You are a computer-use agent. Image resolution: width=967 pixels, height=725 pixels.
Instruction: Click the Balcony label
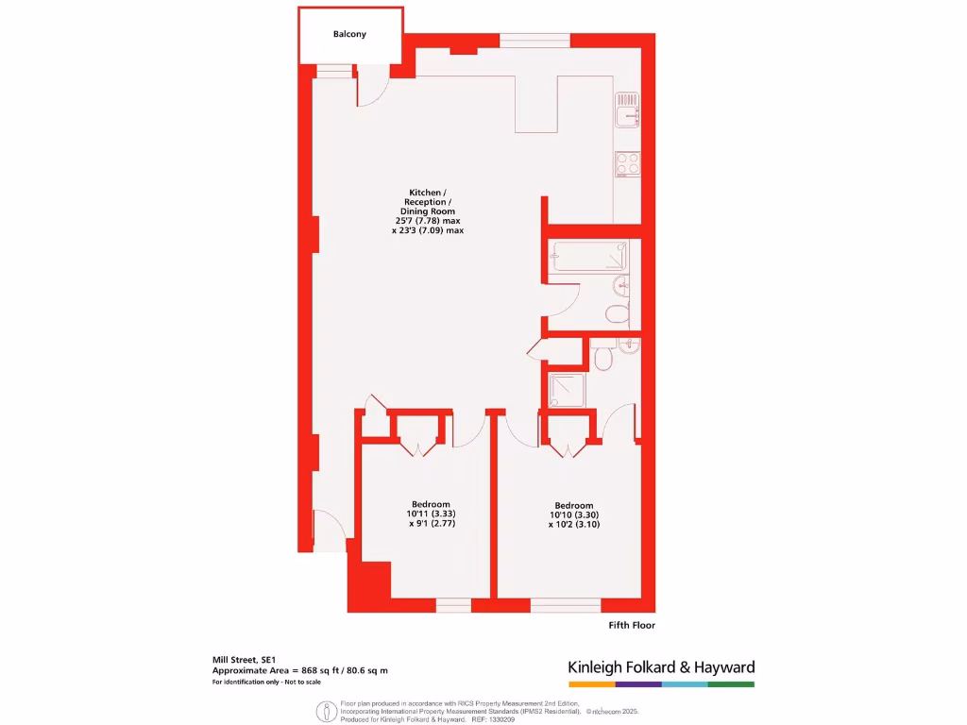[349, 34]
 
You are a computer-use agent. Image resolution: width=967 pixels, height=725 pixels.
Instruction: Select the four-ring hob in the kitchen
[627, 163]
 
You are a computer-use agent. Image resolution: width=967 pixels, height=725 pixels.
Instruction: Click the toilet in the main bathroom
[616, 314]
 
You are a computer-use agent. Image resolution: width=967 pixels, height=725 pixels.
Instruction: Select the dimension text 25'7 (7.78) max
[428, 220]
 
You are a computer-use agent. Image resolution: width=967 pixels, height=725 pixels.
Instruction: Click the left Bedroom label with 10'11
[430, 503]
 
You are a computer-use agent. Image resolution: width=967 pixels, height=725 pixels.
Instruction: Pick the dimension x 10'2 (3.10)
[574, 524]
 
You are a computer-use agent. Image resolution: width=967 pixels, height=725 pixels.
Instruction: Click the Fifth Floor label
[631, 625]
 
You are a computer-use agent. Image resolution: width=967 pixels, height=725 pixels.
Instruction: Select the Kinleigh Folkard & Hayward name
[661, 666]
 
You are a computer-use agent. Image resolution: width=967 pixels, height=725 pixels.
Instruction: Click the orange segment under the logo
[590, 683]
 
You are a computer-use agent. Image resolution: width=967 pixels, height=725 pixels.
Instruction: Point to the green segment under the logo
[732, 683]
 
